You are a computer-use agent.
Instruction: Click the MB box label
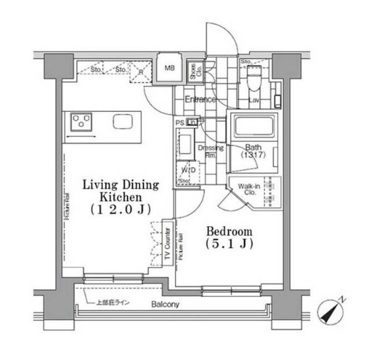pos(170,68)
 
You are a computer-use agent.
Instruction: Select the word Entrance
pos(200,100)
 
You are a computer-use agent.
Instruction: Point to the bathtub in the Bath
pos(257,128)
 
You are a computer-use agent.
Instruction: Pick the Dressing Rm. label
pos(214,151)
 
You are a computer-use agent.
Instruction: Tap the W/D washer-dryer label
pos(188,170)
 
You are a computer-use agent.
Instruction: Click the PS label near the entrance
pos(180,121)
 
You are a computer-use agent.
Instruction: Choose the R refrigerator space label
pos(141,71)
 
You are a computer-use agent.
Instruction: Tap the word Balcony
pos(164,305)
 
